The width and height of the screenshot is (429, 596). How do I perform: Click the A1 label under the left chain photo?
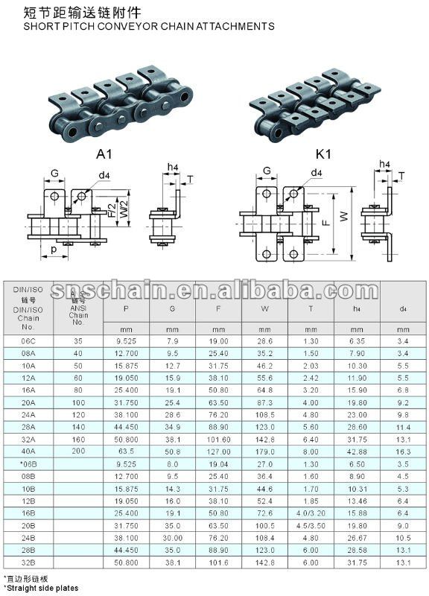pos(104,154)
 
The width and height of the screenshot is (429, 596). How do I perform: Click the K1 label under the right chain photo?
pos(323,154)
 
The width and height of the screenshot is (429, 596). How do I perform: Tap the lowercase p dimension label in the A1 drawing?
pos(54,249)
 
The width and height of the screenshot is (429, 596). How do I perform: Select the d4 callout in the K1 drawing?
pos(316,173)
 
